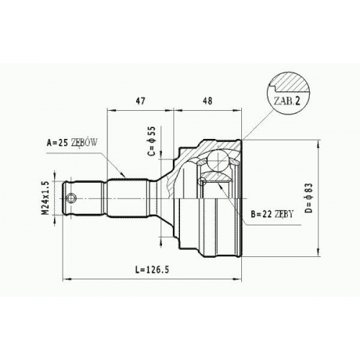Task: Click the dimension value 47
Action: click(x=140, y=101)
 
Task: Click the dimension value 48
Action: click(x=207, y=101)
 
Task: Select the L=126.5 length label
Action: click(x=152, y=269)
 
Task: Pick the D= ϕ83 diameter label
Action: click(x=310, y=198)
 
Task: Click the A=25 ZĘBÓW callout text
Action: click(x=72, y=143)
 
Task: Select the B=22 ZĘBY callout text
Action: click(x=272, y=214)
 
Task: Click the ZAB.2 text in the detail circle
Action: click(x=287, y=102)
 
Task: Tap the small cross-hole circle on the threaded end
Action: click(x=71, y=198)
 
